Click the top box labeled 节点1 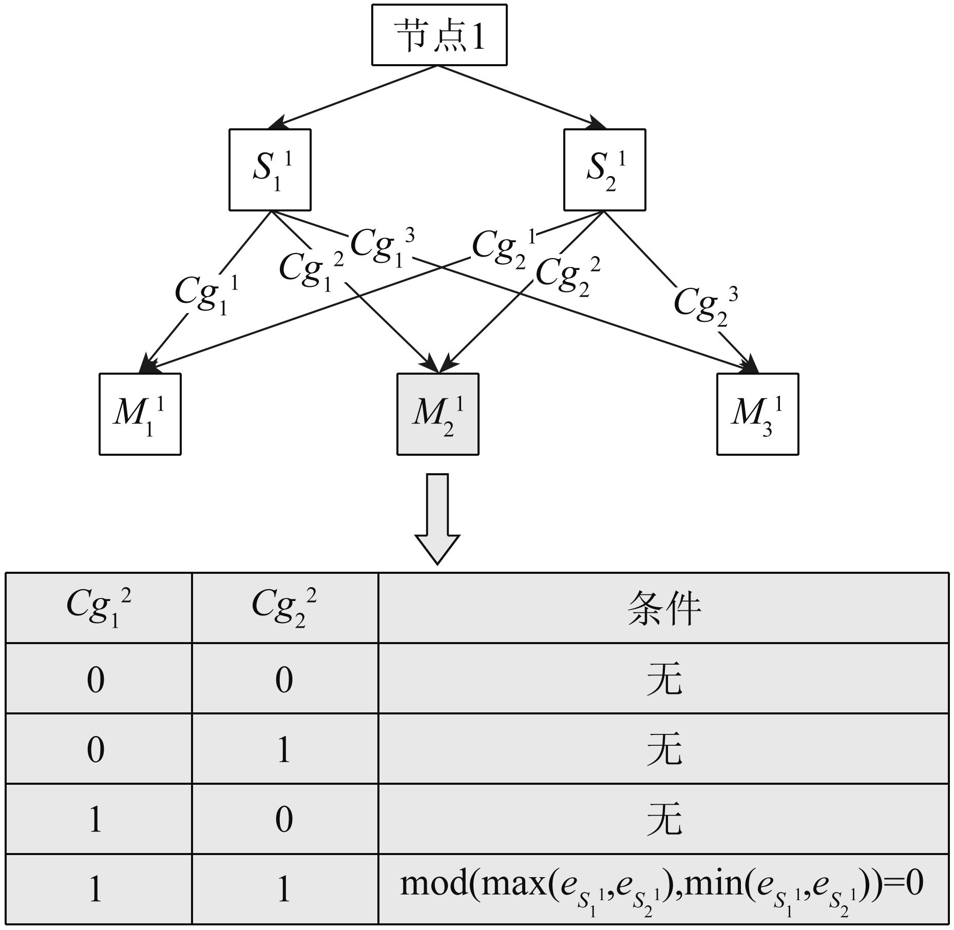(x=439, y=35)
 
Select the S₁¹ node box (x=270, y=169)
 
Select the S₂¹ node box (x=604, y=169)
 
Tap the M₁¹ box (x=140, y=414)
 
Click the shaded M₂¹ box (x=438, y=414)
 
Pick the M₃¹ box (x=757, y=414)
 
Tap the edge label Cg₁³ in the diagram (x=381, y=247)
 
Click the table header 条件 (x=663, y=608)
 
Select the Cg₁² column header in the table (x=99, y=607)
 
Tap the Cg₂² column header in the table (x=284, y=607)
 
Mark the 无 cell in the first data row (x=663, y=679)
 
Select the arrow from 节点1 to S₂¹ (x=521, y=96)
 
